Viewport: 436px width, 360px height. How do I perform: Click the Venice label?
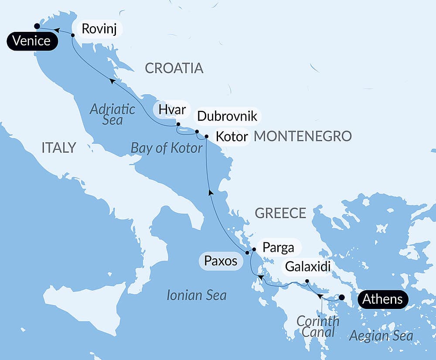(32, 41)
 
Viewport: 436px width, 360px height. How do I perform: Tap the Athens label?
(383, 299)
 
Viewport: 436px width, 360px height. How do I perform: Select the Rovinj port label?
(100, 29)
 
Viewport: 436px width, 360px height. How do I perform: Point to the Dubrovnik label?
(227, 117)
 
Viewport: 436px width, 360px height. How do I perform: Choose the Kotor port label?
(232, 136)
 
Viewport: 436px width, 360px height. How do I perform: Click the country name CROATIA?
(174, 68)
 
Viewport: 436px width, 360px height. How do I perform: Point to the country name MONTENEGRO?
(303, 136)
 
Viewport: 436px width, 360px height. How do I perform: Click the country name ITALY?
(59, 148)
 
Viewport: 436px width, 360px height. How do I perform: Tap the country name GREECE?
(280, 213)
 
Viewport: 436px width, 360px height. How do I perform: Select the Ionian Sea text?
(197, 295)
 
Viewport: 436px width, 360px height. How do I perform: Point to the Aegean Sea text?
(381, 336)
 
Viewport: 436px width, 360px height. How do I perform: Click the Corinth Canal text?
(317, 327)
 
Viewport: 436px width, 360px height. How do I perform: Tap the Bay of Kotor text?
(167, 148)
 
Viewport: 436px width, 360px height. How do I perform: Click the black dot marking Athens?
(342, 298)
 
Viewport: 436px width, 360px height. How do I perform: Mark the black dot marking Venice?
(37, 26)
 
